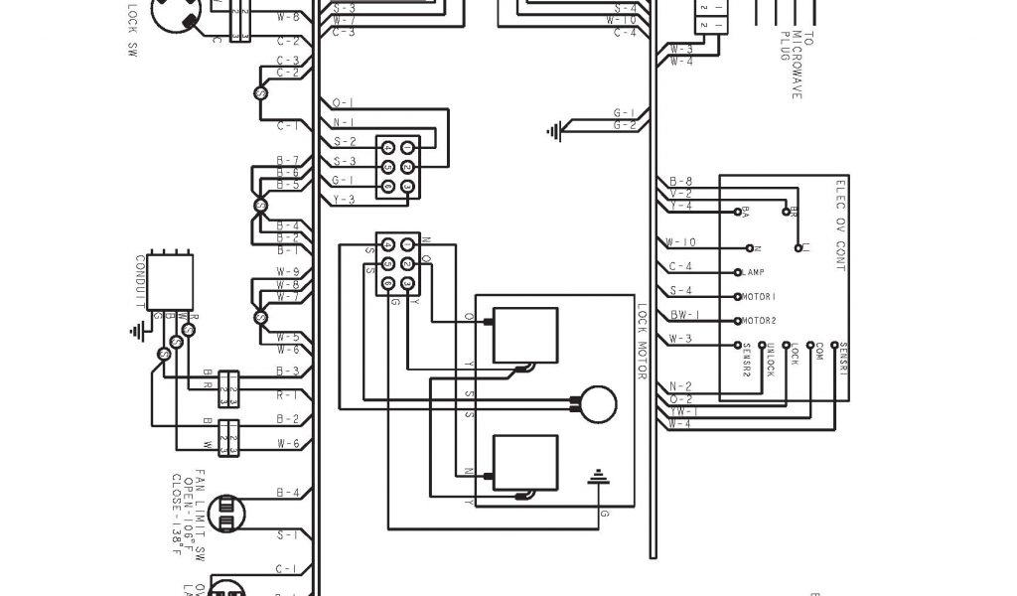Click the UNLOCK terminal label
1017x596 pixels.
click(770, 360)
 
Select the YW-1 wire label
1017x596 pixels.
click(682, 411)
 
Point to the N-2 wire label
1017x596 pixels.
click(680, 386)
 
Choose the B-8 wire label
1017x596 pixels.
click(680, 181)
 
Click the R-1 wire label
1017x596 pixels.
click(288, 394)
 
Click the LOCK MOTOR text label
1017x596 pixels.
click(643, 343)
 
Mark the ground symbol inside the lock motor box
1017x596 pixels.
click(597, 481)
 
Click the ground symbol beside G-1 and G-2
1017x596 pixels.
click(554, 128)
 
